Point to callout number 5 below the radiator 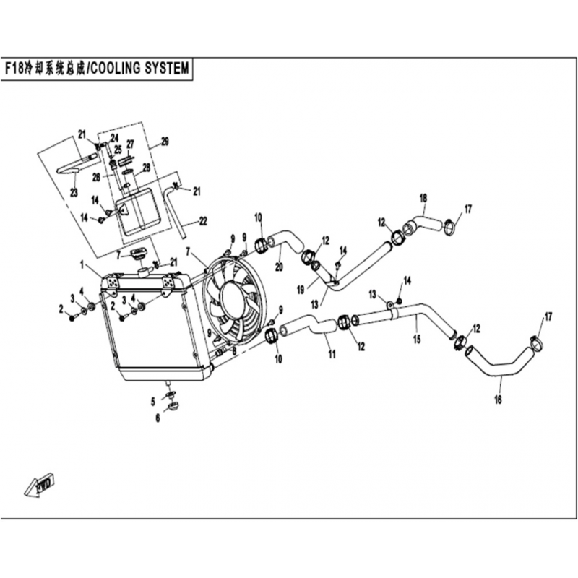pyautogui.click(x=153, y=401)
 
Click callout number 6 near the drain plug pyautogui.click(x=157, y=417)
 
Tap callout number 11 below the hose pyautogui.click(x=332, y=354)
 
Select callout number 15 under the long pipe pyautogui.click(x=416, y=337)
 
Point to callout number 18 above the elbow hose pyautogui.click(x=423, y=197)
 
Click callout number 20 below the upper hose pyautogui.click(x=278, y=267)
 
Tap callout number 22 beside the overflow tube pyautogui.click(x=203, y=220)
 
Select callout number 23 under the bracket pyautogui.click(x=73, y=191)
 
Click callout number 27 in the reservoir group pyautogui.click(x=131, y=144)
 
